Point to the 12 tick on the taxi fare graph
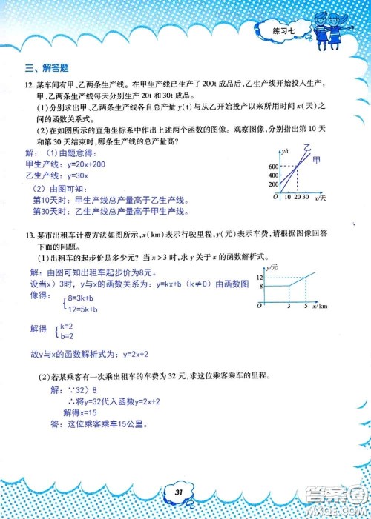[262, 275]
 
